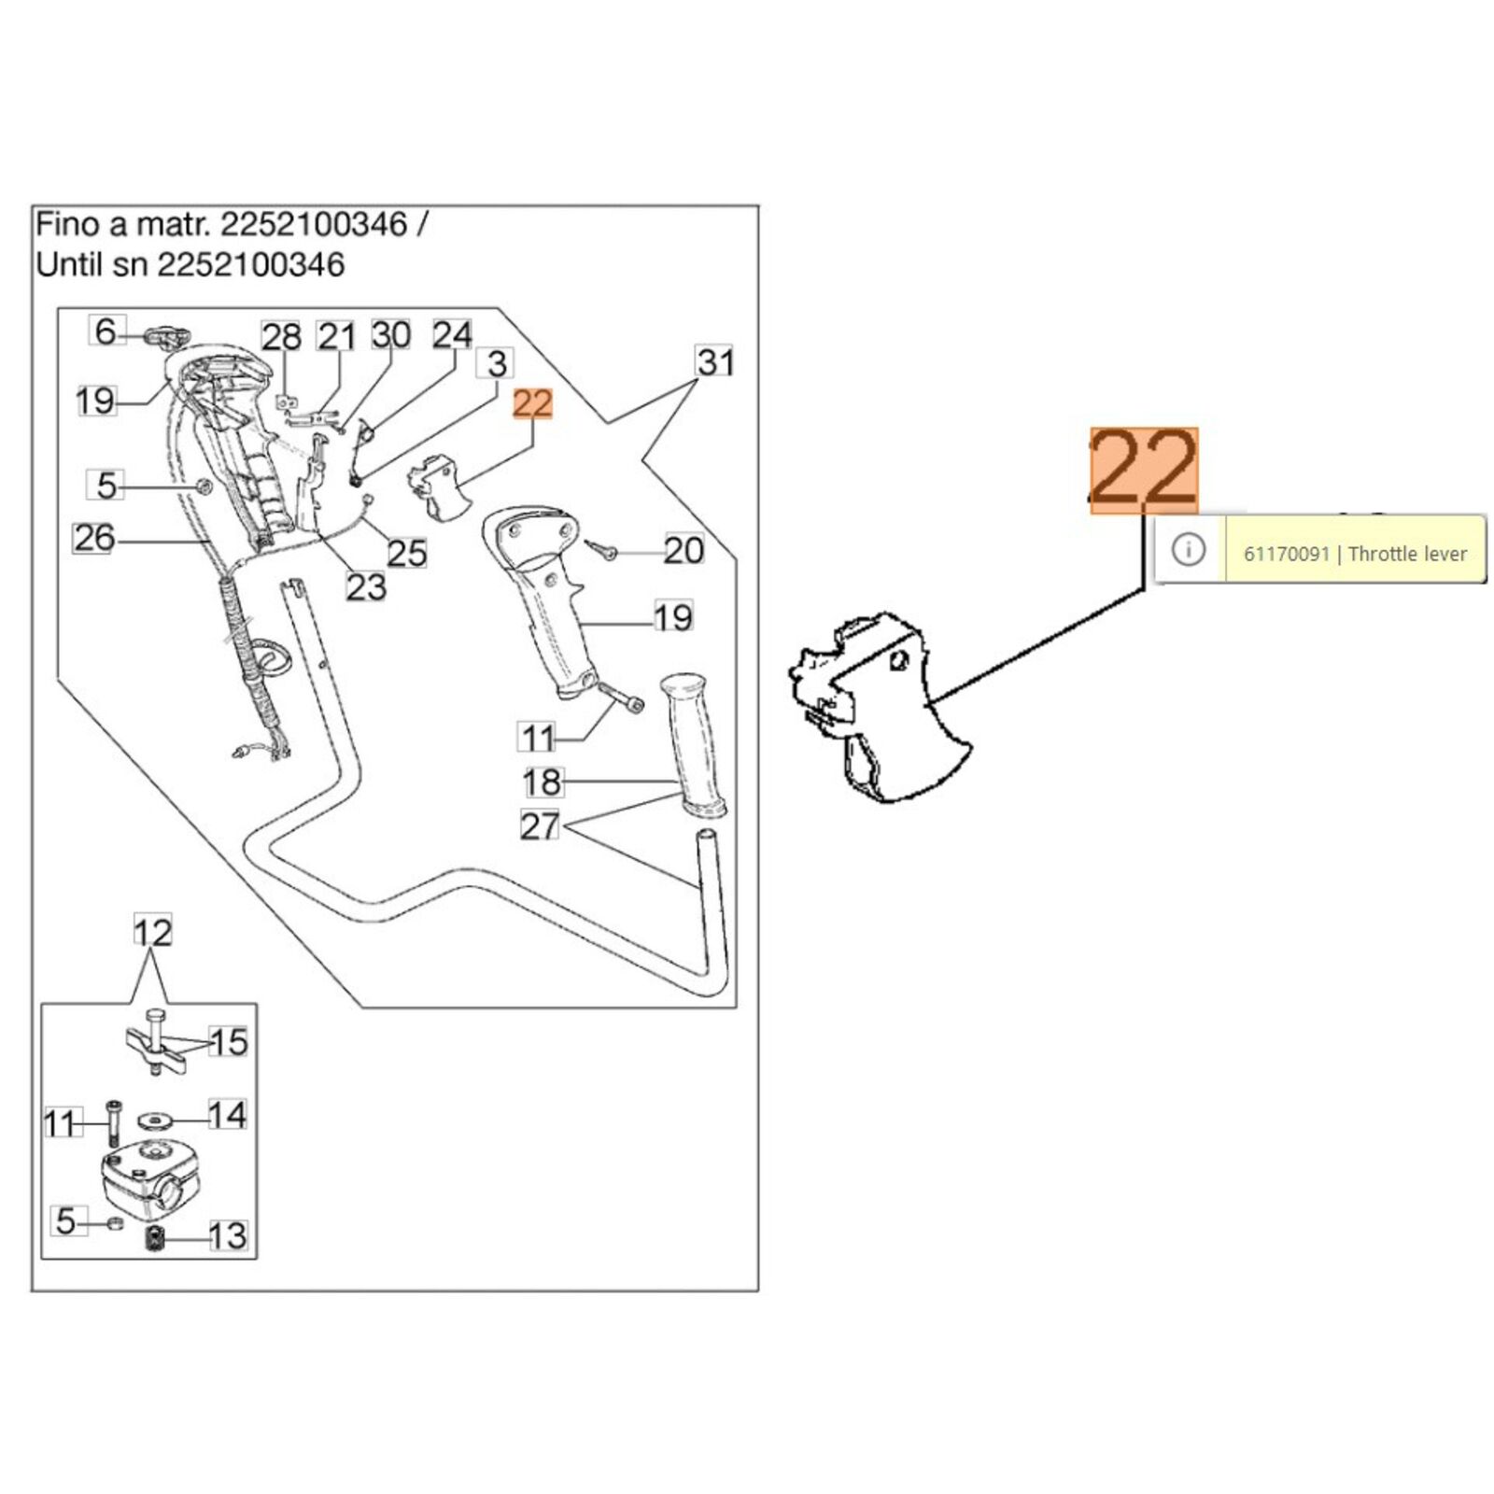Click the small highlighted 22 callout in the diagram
pos(533,404)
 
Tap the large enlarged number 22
pos(1144,471)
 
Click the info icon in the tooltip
pos(1189,549)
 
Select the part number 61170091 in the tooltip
pos(1286,554)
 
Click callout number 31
pos(715,361)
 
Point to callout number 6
pos(106,331)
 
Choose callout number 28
pos(281,337)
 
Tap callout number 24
pos(453,335)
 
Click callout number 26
pos(93,538)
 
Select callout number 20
pos(683,550)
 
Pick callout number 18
pos(542,782)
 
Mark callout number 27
pos(540,826)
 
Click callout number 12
pos(152,932)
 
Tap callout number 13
pos(227,1235)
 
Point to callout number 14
pos(227,1115)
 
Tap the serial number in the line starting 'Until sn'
pos(250,265)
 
